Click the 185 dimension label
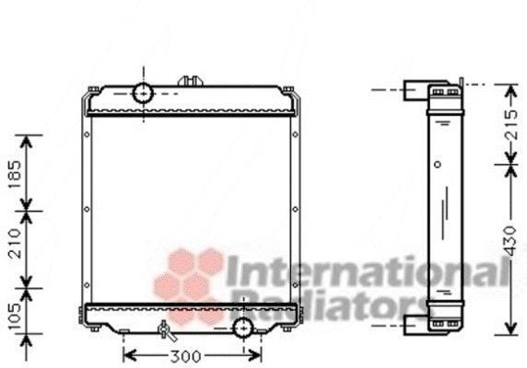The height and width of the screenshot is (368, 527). click(x=15, y=175)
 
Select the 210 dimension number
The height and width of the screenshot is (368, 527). click(x=15, y=244)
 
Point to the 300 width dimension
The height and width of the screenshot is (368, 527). click(x=185, y=356)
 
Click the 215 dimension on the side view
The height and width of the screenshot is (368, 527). click(x=510, y=124)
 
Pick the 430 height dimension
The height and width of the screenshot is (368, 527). click(x=510, y=241)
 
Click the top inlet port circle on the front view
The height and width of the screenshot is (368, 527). click(x=144, y=93)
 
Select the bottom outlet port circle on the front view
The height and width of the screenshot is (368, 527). click(x=243, y=328)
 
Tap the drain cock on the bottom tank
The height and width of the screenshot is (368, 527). click(x=167, y=331)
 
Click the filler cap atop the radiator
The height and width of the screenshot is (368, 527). click(x=190, y=82)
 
